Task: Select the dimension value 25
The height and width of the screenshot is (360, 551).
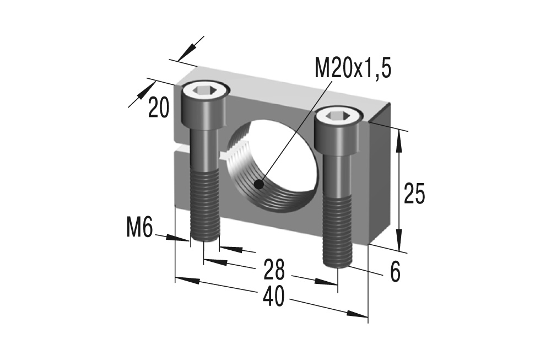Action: (x=414, y=194)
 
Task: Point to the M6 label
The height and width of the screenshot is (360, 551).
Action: (x=139, y=227)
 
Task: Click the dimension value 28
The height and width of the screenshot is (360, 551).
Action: (x=273, y=270)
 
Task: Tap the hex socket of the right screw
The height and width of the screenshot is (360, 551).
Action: (x=338, y=115)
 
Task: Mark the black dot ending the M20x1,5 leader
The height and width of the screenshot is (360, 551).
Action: (x=259, y=183)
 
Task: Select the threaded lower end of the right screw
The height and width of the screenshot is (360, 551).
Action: (x=337, y=232)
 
